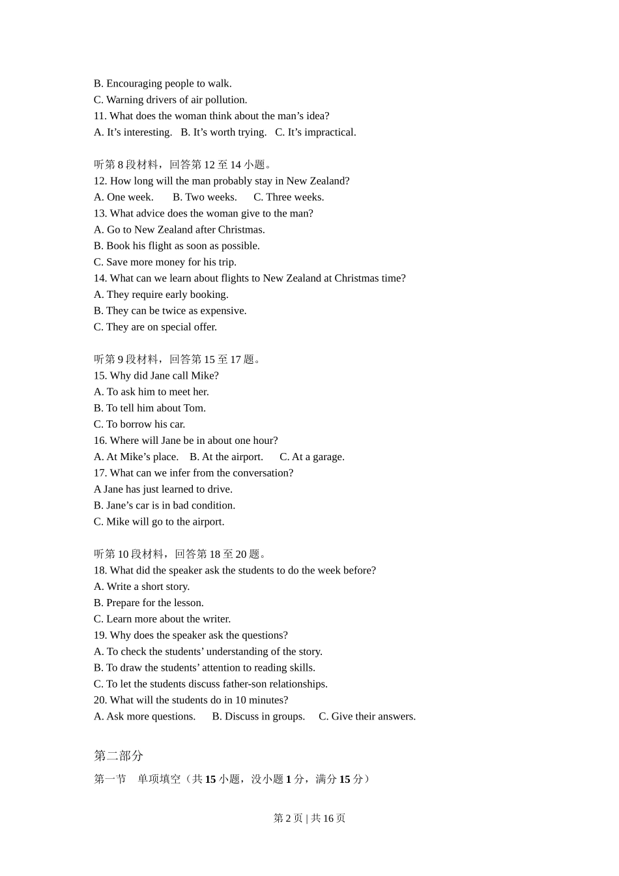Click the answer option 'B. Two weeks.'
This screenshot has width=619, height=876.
[205, 197]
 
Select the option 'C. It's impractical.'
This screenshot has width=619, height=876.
[315, 132]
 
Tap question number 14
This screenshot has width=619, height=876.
[100, 278]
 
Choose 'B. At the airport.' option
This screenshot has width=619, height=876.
[226, 457]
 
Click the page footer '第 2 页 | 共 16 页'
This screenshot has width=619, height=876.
[309, 818]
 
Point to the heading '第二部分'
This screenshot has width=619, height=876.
[119, 755]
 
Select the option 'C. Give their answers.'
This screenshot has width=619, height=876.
[367, 716]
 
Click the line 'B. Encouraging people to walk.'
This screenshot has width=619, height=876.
[163, 83]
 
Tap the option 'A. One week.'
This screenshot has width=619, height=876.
[124, 197]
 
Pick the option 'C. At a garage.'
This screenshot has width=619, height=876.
[312, 457]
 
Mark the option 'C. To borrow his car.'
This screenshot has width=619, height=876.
[139, 424]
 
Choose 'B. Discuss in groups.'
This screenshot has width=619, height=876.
[259, 716]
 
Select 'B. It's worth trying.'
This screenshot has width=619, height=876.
[223, 132]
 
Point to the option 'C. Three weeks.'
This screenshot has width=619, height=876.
[289, 197]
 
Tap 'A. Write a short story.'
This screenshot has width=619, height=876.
[141, 587]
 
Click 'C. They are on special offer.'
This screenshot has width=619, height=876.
[155, 327]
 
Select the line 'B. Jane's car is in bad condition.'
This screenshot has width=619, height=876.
[164, 506]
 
